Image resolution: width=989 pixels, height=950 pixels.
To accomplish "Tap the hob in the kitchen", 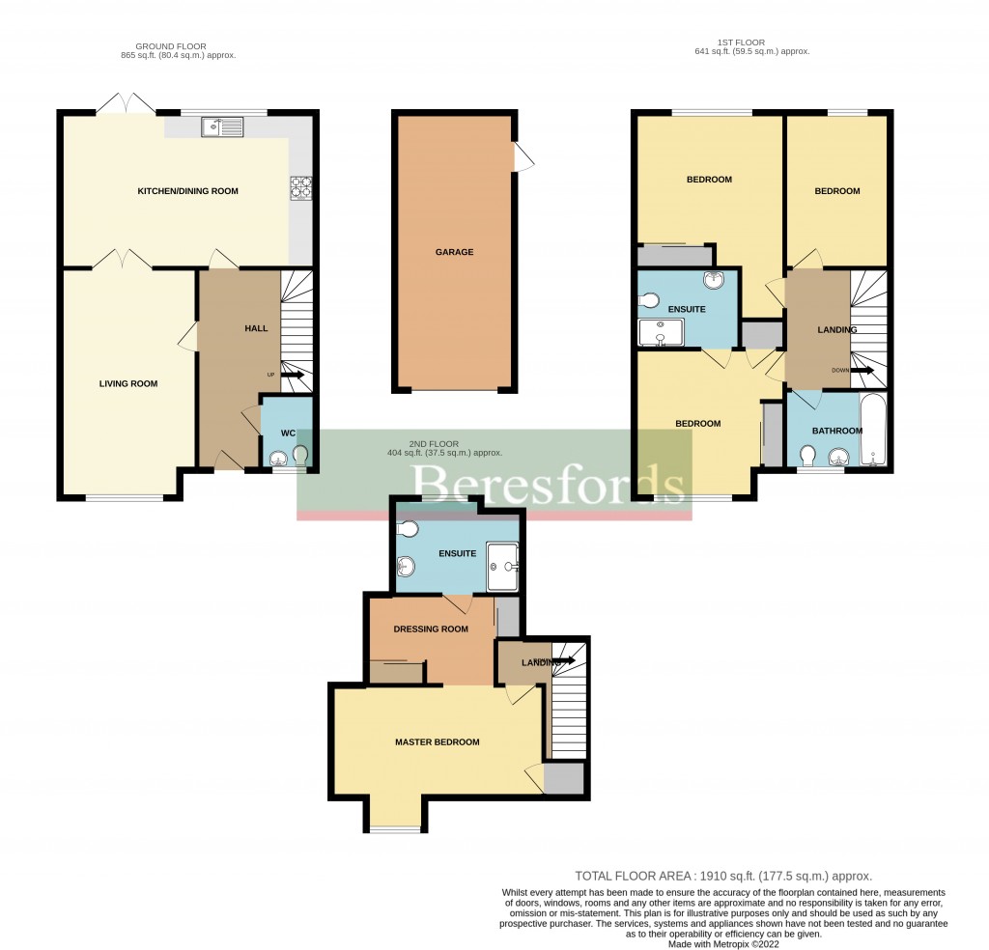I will click(x=300, y=186).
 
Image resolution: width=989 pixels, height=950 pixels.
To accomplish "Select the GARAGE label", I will click(x=454, y=252).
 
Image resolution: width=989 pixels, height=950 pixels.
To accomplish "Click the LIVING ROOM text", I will click(x=128, y=383).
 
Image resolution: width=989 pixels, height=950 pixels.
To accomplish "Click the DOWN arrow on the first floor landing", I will click(x=862, y=370).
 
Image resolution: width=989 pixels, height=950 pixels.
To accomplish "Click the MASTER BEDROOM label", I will click(x=437, y=741).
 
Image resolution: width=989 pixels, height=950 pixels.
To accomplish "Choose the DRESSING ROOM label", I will click(x=431, y=629).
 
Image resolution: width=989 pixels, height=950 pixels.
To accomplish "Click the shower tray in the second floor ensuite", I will click(x=503, y=566).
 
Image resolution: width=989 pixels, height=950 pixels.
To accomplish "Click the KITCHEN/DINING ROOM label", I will click(x=187, y=191).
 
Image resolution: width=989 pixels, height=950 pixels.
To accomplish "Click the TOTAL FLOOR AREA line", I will click(x=723, y=875).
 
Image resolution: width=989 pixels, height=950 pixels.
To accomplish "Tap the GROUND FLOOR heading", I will click(x=171, y=50).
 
